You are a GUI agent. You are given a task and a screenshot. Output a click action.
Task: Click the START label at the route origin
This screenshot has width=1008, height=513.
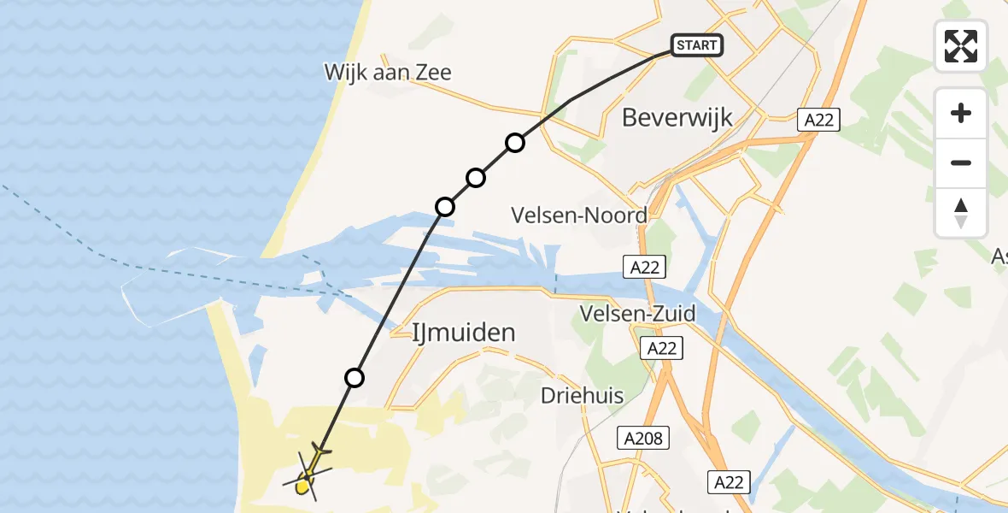[697, 45]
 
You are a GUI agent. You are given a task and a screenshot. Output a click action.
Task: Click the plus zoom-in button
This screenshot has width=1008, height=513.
[961, 113]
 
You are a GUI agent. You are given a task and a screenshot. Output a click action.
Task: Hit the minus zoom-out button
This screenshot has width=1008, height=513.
[961, 162]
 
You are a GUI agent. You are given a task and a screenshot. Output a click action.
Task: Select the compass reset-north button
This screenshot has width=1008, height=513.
[961, 213]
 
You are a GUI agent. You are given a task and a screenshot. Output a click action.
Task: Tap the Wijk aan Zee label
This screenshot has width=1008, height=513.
[387, 72]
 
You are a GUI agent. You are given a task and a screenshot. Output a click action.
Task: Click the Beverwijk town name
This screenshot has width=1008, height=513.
[677, 117]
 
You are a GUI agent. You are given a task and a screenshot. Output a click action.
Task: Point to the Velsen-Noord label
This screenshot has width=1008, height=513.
[579, 215]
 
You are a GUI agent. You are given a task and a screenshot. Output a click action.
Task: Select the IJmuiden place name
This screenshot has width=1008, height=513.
[464, 333]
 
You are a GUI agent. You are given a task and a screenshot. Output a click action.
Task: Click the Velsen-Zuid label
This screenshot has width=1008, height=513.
[638, 313]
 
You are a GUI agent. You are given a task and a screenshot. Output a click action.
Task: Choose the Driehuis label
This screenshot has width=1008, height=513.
[582, 396]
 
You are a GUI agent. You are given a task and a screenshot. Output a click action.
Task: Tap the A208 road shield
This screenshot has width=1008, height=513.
[642, 439]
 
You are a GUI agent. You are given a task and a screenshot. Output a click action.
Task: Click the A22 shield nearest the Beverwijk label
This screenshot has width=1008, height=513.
[818, 120]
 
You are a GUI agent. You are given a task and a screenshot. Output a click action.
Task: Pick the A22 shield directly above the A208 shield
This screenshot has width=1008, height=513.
[662, 348]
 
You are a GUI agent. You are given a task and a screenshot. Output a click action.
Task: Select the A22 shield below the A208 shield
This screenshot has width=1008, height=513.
[729, 482]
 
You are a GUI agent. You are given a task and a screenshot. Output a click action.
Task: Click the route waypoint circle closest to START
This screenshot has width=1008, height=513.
[514, 143]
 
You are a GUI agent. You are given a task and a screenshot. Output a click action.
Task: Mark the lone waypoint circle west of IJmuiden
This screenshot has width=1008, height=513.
[355, 377]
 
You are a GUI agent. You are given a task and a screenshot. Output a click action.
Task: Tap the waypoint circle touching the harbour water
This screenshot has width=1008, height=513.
[445, 206]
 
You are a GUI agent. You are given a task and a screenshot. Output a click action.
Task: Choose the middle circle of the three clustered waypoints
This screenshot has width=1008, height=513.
[476, 178]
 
